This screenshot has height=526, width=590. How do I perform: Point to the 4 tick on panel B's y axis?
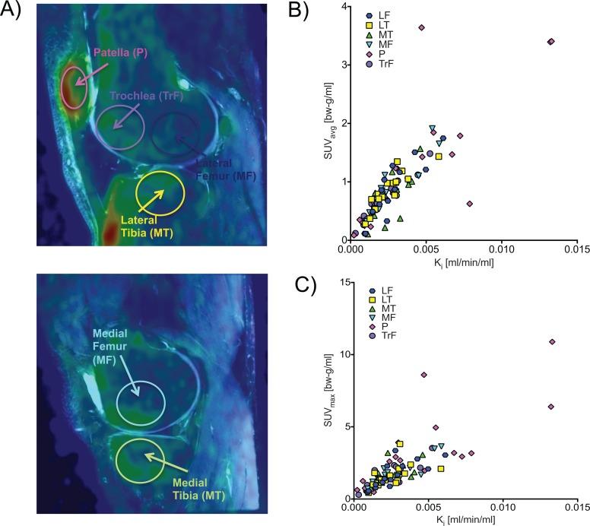tap(343, 7)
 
